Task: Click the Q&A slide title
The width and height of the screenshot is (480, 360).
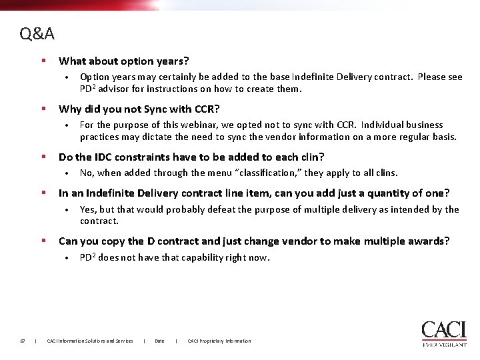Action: [37, 33]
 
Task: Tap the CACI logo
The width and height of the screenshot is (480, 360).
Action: [443, 333]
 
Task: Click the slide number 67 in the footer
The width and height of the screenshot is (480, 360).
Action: [23, 341]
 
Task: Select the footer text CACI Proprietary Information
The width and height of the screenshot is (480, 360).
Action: [219, 341]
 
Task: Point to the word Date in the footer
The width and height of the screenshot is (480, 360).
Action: [159, 341]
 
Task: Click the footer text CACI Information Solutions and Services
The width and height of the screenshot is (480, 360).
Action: [90, 341]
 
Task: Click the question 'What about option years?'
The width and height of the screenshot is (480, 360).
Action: [124, 61]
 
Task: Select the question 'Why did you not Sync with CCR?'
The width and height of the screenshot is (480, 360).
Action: [139, 109]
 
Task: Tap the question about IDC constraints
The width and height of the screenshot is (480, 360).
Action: [191, 157]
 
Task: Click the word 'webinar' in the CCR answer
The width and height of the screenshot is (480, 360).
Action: [197, 125]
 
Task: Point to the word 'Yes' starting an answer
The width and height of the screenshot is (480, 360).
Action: [87, 209]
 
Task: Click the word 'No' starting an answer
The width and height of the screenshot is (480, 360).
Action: [86, 173]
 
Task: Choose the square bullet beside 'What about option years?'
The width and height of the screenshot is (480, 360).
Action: [43, 61]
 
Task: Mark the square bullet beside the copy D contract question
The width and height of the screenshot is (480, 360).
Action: [43, 241]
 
